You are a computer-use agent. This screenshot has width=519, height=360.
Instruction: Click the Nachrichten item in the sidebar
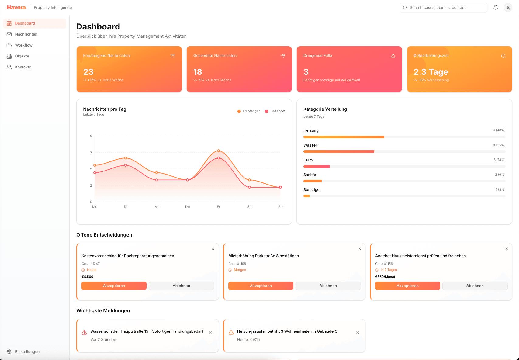[x=26, y=34]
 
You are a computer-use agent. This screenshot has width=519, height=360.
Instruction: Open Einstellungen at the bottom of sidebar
[x=27, y=352]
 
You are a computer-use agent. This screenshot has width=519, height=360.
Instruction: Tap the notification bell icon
[x=496, y=8]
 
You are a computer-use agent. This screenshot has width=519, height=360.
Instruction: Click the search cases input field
[x=444, y=8]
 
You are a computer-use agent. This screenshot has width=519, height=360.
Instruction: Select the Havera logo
[x=16, y=7]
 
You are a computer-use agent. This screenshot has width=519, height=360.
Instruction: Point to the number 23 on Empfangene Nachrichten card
[x=88, y=72]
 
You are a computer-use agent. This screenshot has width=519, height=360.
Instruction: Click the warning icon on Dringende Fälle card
[x=393, y=56]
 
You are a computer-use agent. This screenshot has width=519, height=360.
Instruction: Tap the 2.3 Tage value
[x=431, y=72]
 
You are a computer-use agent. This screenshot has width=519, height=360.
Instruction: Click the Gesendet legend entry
[x=275, y=111]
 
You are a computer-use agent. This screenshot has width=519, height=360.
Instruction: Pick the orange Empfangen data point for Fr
[x=218, y=151]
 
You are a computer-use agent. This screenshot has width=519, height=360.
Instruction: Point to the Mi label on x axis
[x=157, y=207]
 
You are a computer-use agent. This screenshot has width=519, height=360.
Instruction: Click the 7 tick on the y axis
[x=91, y=153]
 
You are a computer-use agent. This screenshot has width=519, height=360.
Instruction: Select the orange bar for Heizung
[x=344, y=137]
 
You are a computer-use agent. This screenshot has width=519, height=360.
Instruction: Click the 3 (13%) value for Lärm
[x=499, y=160]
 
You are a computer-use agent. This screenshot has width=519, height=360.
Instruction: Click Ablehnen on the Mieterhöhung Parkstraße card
[x=328, y=286]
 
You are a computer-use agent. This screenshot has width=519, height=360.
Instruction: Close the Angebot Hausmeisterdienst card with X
[x=507, y=249]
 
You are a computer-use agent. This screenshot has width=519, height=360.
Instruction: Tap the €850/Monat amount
[x=385, y=277]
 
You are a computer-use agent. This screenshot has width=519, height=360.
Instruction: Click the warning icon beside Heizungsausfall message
[x=231, y=332]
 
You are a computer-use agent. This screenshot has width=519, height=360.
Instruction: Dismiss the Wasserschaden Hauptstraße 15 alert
[x=211, y=333]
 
